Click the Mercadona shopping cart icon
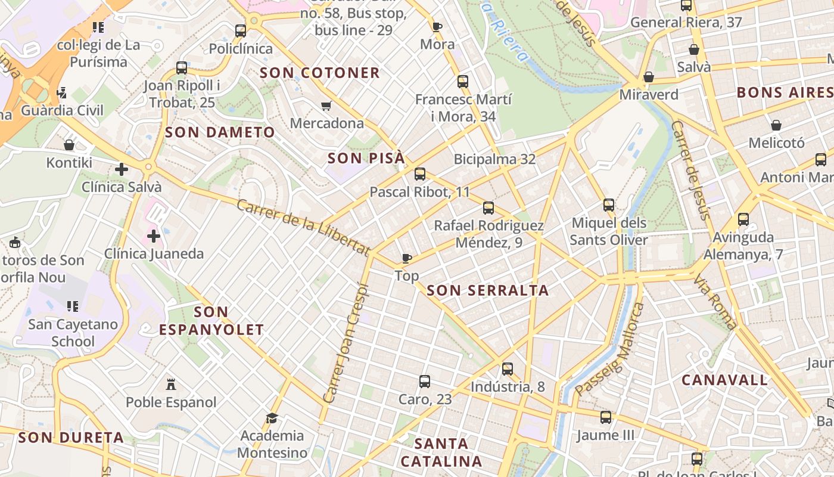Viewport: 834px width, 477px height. [326, 106]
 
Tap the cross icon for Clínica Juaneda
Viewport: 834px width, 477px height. [154, 236]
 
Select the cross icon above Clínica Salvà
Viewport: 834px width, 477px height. [122, 169]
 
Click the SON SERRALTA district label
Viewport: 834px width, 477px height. [488, 290]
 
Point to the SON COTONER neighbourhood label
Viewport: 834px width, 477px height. [320, 73]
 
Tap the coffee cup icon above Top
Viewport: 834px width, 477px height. [407, 258]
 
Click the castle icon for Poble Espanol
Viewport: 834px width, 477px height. [172, 383]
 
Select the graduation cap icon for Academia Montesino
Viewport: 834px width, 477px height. [272, 418]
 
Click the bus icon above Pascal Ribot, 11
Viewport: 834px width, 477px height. [420, 174]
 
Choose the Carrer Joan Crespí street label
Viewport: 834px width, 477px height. [346, 343]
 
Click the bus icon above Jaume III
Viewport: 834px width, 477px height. [606, 417]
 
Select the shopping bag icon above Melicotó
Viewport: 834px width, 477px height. [776, 125]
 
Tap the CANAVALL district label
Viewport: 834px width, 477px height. [724, 380]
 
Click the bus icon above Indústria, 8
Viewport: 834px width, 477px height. [508, 369]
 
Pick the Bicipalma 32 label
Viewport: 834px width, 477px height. [494, 159]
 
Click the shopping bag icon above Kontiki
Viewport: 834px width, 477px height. [69, 145]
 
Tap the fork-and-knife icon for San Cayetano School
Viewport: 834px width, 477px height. [73, 306]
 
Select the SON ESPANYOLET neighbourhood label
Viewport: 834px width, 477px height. [211, 321]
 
